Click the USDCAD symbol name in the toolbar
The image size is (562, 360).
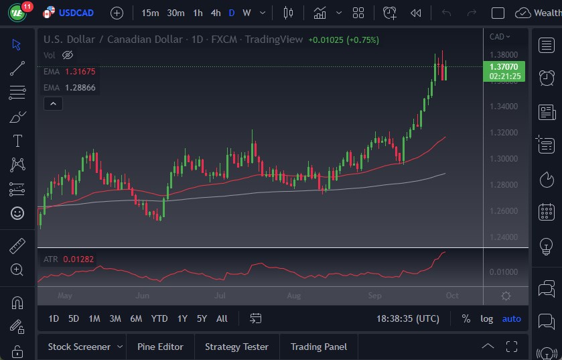[77, 13]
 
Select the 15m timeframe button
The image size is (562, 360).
[151, 13]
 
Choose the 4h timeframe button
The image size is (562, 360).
[215, 13]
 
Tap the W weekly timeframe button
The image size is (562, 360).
[247, 13]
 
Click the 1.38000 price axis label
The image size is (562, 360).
[503, 54]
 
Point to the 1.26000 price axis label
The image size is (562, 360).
[503, 211]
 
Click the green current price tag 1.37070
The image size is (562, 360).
[502, 67]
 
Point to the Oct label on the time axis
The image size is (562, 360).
[452, 296]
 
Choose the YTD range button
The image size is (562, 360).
[159, 318]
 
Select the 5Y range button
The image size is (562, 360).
[201, 318]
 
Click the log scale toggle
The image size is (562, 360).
[486, 318]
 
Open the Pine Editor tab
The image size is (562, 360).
[160, 347]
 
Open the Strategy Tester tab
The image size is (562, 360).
[236, 347]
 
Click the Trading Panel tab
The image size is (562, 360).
[319, 347]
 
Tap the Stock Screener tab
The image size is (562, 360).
[79, 347]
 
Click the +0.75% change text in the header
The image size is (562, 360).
[362, 40]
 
